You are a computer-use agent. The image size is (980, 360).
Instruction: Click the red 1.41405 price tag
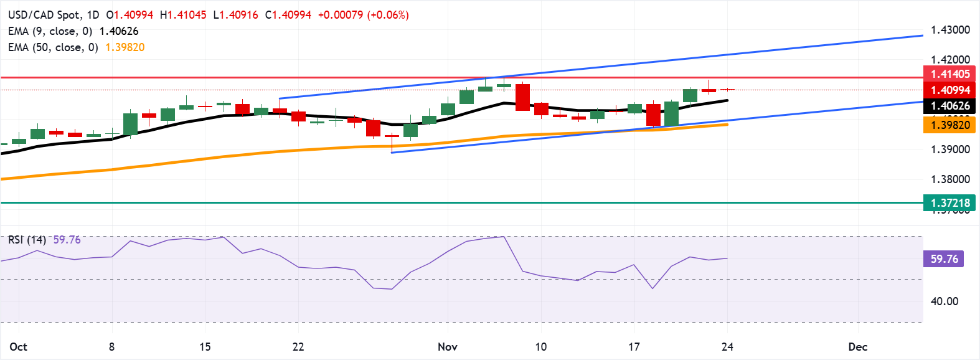click(949, 74)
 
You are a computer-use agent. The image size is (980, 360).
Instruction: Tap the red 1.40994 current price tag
click(949, 90)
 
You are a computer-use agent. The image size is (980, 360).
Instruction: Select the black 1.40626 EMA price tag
click(949, 106)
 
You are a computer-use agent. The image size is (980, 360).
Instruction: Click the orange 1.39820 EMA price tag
click(949, 125)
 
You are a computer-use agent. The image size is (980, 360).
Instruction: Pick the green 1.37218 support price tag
click(949, 203)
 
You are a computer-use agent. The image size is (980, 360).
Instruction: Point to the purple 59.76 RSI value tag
click(943, 258)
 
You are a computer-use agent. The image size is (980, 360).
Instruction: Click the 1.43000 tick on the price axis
click(950, 30)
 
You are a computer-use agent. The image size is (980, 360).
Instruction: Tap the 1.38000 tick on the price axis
click(950, 179)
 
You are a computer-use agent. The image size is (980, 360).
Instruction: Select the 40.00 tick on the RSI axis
click(944, 301)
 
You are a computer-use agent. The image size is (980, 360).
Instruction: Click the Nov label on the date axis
click(448, 347)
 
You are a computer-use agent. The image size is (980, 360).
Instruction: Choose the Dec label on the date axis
click(858, 347)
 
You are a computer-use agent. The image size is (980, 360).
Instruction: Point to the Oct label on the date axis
click(19, 347)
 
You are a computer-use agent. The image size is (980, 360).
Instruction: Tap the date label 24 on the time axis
click(727, 347)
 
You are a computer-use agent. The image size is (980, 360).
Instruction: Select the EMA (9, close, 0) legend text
click(50, 31)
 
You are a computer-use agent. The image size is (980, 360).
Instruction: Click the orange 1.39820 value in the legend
click(125, 47)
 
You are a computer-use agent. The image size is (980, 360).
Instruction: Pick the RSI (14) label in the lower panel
click(27, 240)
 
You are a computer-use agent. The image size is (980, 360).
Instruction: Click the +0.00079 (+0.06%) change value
click(363, 15)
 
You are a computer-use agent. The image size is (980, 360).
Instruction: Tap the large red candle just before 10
click(522, 97)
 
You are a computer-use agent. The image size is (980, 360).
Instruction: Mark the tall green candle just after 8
click(130, 123)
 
